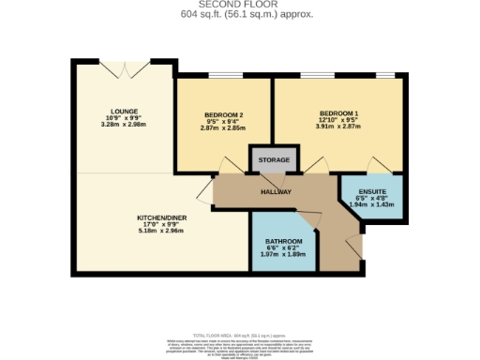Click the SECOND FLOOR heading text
coord(239,5)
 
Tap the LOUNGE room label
coord(124,110)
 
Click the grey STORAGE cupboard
coord(274,160)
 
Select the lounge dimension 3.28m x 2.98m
coord(124,124)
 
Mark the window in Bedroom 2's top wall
coord(223,76)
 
